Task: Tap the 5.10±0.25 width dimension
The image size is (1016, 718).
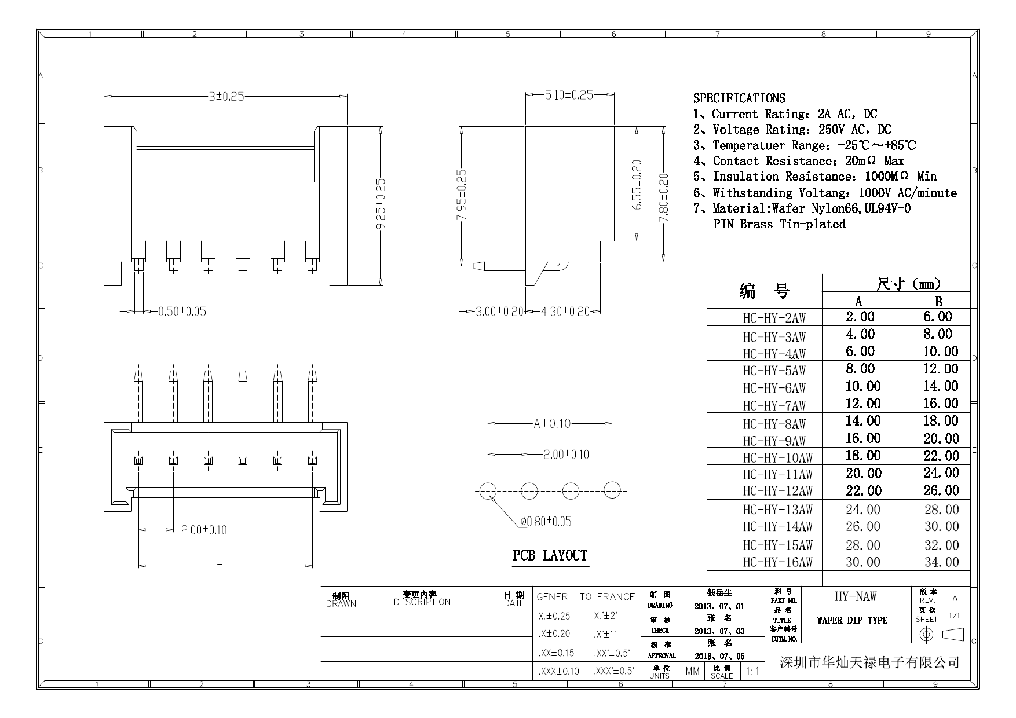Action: [569, 95]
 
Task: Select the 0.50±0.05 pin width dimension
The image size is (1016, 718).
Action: [182, 312]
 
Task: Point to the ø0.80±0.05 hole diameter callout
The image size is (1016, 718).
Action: [546, 522]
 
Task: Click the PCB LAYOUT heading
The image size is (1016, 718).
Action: [550, 556]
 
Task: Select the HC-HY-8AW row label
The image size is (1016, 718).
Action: [774, 424]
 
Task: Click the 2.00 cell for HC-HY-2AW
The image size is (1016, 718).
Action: [860, 317]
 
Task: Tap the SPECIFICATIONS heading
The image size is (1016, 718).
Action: [739, 98]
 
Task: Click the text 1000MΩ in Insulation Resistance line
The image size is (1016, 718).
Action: [886, 177]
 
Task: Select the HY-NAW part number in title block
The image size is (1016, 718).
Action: [856, 596]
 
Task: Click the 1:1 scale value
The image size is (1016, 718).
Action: [752, 672]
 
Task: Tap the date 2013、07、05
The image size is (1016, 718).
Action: [719, 656]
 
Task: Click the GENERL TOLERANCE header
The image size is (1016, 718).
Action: [586, 596]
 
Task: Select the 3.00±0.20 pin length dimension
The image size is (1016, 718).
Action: [499, 312]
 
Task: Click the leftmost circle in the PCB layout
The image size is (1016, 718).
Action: [488, 491]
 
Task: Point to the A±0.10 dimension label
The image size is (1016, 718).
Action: [551, 424]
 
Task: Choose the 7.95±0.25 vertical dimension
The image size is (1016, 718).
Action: [462, 195]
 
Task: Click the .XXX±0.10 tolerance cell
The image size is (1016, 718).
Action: [558, 672]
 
